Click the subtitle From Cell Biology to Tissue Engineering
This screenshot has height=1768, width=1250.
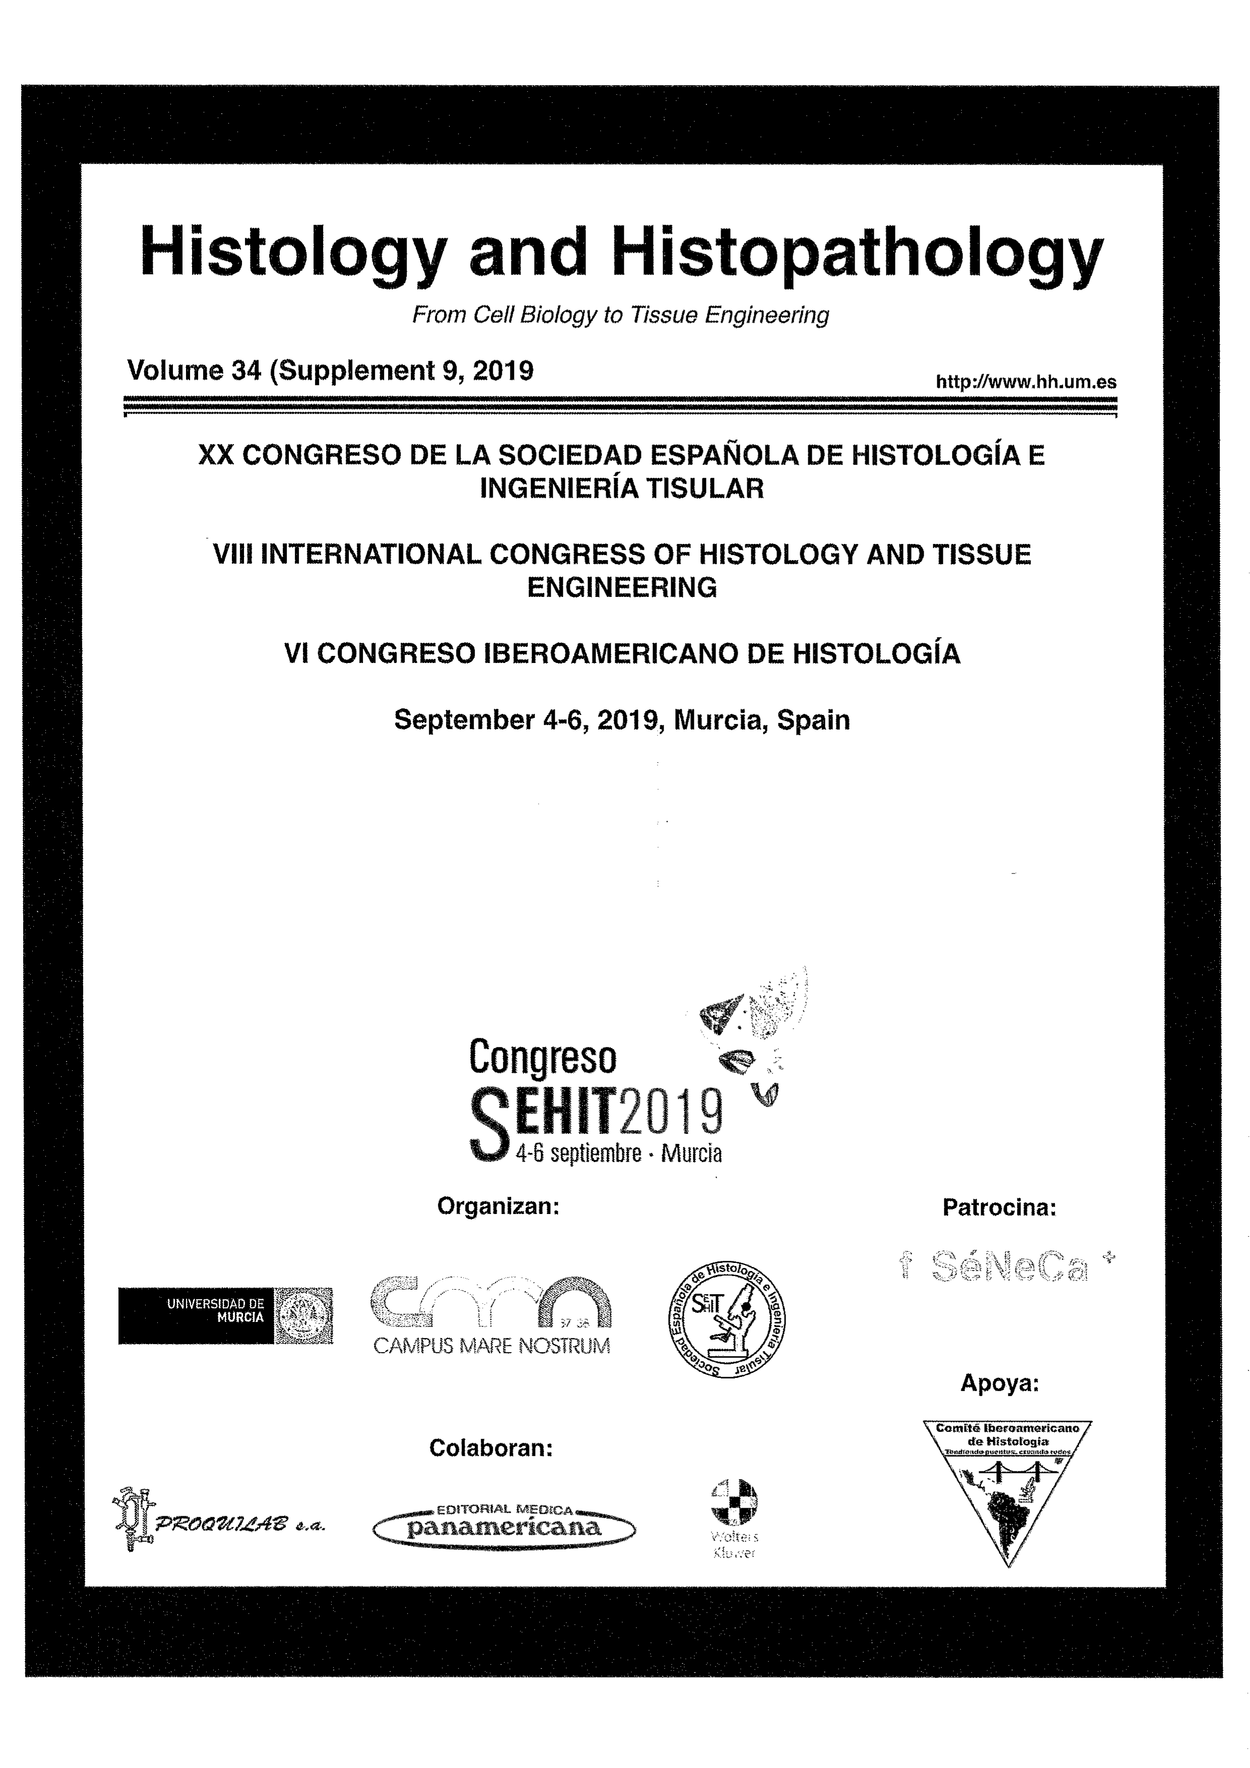pos(620,315)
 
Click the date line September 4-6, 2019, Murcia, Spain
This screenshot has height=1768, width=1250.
pos(622,720)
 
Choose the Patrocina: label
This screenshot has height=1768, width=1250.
pos(999,1207)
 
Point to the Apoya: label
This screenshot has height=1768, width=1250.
pos(999,1384)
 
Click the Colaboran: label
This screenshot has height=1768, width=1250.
pos(491,1449)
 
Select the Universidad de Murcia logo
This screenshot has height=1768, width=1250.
pos(225,1316)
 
